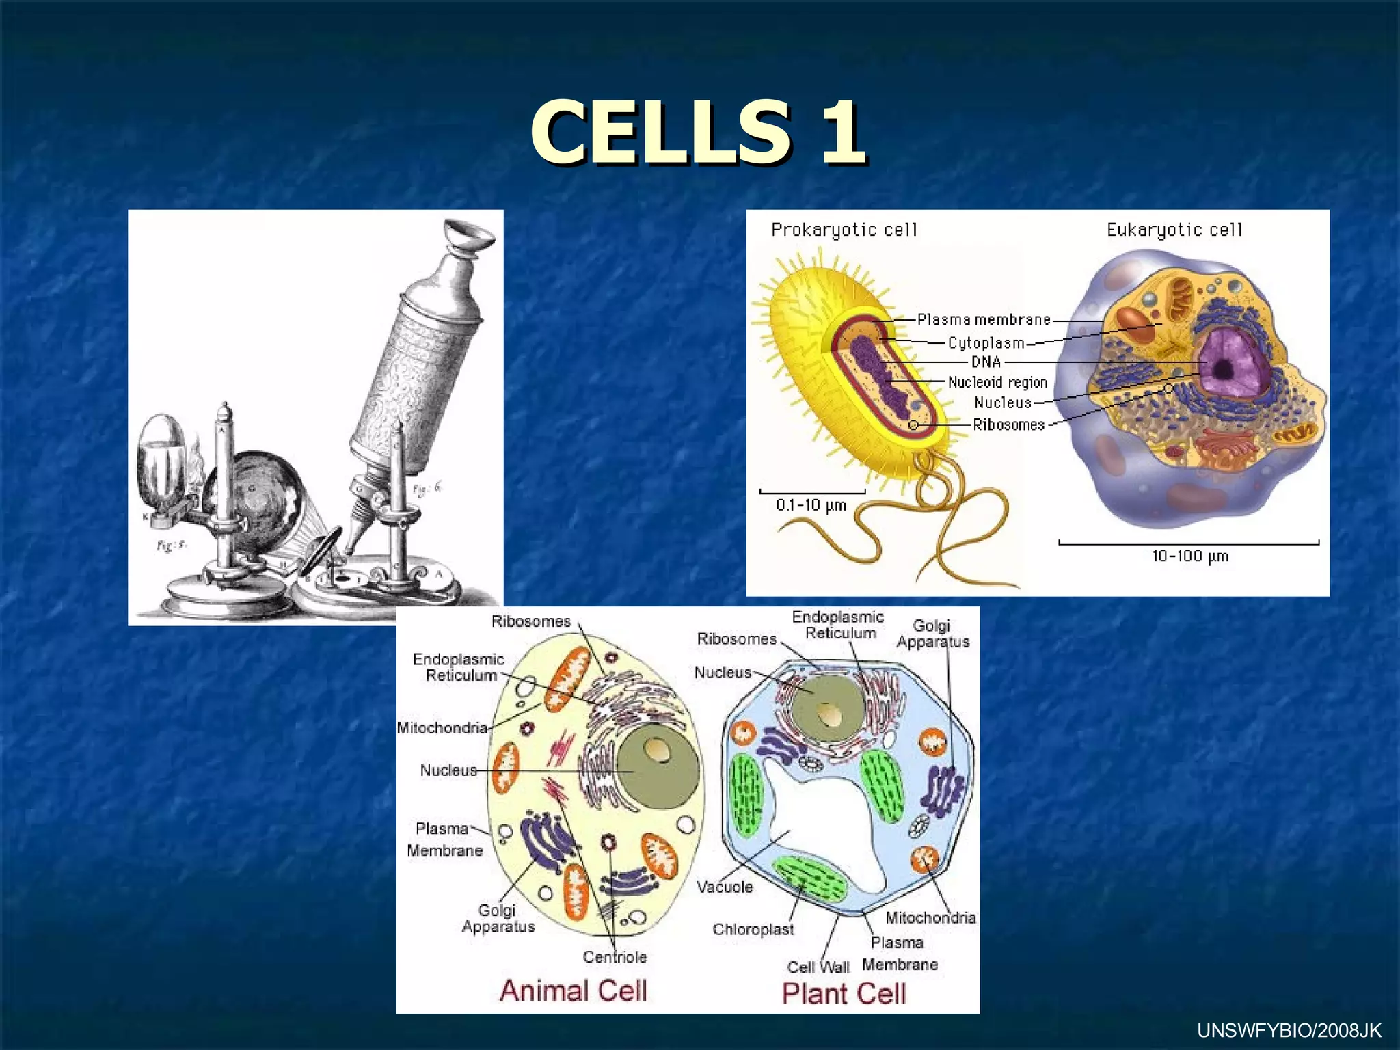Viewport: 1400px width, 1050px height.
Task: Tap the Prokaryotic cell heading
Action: coord(844,230)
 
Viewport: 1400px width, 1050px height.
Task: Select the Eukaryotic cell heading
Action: coord(1174,230)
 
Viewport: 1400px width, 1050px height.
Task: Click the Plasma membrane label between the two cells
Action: coord(984,320)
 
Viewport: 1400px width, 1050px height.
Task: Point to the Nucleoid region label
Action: coord(997,382)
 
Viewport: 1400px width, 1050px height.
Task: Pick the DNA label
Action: coord(986,362)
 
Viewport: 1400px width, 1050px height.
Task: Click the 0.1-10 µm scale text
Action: coord(811,506)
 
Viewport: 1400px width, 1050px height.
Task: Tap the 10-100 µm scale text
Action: coord(1189,556)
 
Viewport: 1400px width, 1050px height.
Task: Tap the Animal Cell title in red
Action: coord(573,991)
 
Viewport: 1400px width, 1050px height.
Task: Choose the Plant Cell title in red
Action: coord(844,993)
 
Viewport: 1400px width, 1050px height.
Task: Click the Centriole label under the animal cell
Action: coord(615,957)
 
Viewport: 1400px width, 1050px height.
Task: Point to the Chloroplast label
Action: coord(753,930)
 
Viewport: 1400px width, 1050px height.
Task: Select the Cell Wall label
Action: coord(818,967)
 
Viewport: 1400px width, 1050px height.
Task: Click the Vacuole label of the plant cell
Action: coord(725,887)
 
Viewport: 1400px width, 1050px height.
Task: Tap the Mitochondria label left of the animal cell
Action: coord(442,728)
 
